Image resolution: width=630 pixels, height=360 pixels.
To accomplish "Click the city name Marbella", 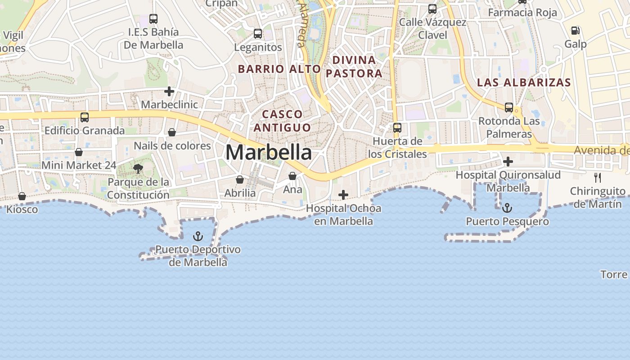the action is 268,152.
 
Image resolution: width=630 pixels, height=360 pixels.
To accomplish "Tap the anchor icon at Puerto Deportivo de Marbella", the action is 198,236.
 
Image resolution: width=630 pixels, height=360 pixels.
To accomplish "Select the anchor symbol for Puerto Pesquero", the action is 507,208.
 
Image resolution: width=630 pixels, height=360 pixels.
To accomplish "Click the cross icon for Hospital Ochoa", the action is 343,195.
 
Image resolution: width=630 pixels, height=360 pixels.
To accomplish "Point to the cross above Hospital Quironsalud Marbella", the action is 508,161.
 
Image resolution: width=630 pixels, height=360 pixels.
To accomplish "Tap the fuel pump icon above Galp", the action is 575,31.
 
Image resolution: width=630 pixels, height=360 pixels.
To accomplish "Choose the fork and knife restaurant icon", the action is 598,177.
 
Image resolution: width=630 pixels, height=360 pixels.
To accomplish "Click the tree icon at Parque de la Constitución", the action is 138,169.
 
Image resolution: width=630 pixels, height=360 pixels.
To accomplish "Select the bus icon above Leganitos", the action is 258,33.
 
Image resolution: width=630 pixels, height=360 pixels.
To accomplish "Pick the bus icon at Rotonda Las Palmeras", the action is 509,108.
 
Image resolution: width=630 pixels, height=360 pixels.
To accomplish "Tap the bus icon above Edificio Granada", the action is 85,117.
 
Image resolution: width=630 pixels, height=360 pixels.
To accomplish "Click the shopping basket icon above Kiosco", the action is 22,196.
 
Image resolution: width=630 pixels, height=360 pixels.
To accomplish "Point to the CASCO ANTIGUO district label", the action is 282,121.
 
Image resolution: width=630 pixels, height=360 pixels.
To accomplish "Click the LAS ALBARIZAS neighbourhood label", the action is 524,83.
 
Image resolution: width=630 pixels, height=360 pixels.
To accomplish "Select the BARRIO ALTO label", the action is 279,69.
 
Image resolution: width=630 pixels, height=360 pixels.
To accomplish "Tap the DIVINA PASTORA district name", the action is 354,67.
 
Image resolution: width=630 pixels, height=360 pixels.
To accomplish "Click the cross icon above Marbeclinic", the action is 169,91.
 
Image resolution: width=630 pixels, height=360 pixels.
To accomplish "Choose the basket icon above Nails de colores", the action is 172,132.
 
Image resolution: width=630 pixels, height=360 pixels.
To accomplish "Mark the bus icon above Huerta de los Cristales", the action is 397,128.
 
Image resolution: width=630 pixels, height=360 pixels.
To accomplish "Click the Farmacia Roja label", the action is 522,13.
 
